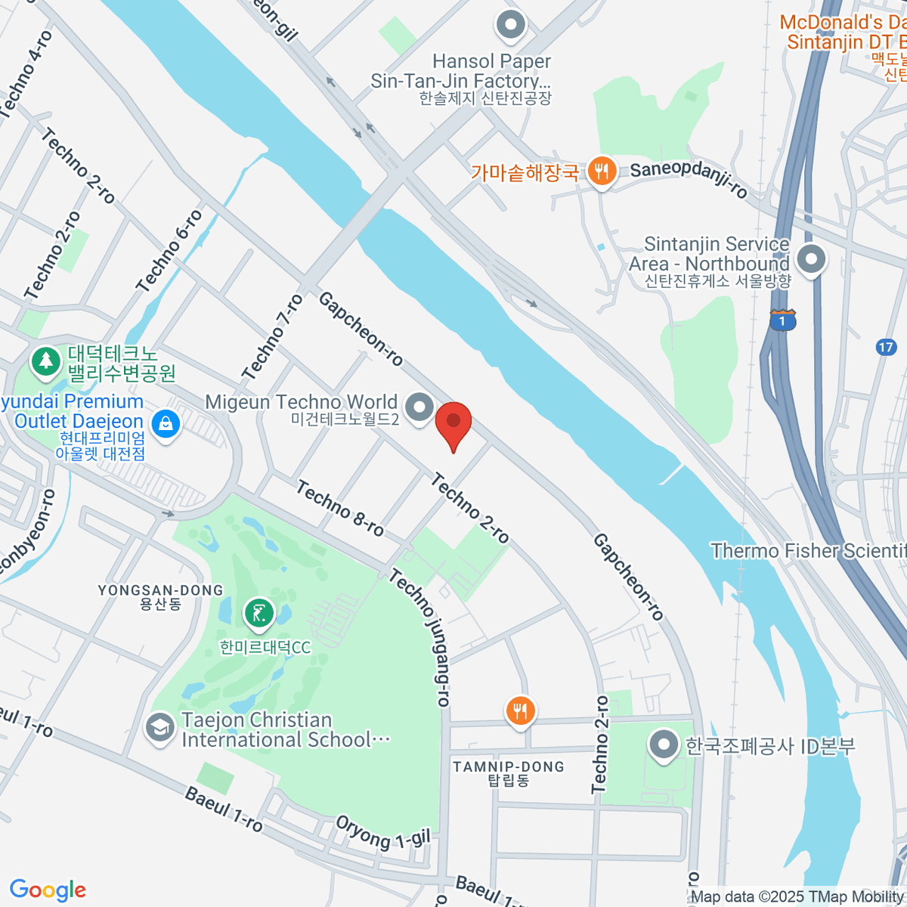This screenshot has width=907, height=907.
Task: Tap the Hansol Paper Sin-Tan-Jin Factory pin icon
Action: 511,24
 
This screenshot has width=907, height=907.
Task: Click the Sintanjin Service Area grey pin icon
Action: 812,260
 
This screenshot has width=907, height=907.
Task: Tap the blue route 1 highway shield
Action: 782,320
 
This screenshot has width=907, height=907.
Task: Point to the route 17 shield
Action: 886,347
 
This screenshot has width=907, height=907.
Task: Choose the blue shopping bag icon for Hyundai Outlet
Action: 166,423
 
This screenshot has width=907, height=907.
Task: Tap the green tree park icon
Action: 46,361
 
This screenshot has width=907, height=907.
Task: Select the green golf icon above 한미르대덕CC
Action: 259,614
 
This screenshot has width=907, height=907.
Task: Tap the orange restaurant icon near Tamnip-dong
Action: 520,711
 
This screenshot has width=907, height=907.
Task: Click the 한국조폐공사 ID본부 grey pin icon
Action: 664,745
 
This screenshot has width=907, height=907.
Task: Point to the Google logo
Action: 48,890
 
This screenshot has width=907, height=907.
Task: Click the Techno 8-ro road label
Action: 340,509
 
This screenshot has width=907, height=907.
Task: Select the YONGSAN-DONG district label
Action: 160,590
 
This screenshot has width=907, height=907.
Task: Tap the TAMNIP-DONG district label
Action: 509,767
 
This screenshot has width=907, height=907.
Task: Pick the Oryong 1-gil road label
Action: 382,831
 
